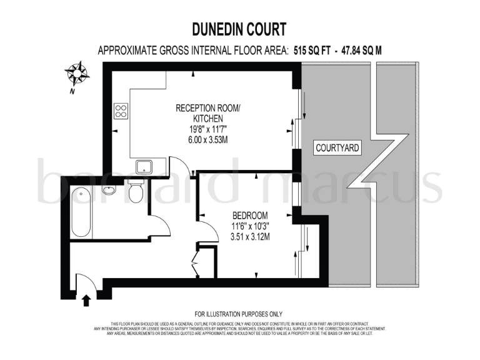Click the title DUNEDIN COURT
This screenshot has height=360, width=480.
239,29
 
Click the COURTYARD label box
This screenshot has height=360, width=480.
337,148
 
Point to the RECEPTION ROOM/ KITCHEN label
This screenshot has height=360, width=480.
207,112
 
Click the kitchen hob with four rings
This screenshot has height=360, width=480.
121,112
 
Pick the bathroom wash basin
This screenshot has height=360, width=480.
109,189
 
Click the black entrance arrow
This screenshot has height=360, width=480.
86,301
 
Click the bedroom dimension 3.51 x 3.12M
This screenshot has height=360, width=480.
248,237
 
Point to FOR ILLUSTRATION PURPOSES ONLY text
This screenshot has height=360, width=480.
239,314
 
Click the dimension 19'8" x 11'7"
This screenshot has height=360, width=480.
207,129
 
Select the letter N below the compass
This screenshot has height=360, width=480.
72,91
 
